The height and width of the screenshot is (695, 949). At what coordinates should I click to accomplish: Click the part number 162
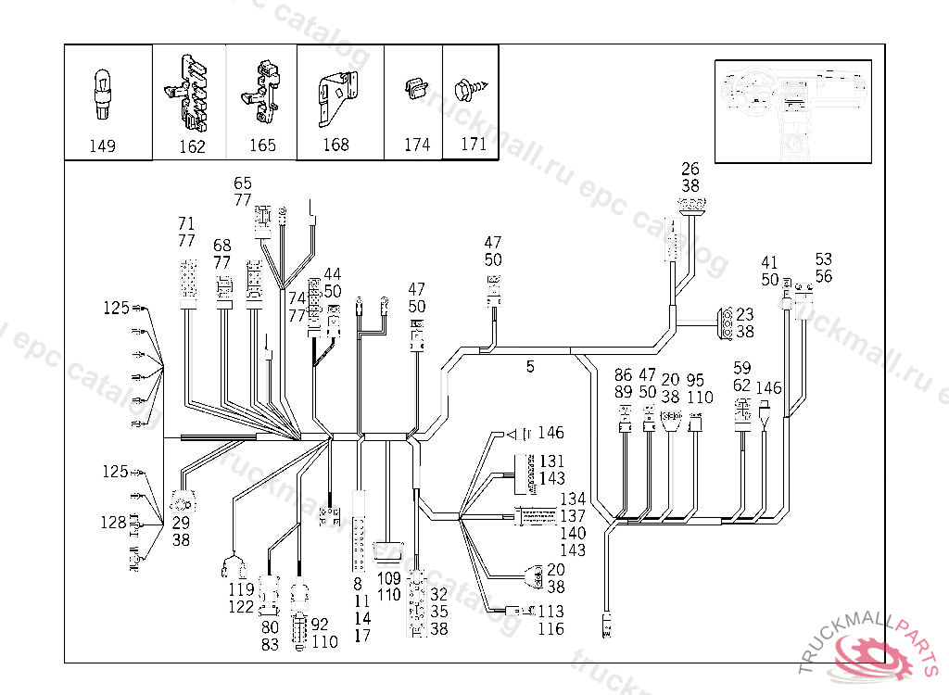192,147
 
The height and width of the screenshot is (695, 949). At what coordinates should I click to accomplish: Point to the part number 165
262,145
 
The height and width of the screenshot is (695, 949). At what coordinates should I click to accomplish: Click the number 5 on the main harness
530,367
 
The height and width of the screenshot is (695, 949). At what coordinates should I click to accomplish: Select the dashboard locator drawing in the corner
793,110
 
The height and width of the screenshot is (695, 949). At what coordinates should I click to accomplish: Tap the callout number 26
690,169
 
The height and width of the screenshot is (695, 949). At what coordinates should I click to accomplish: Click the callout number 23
745,314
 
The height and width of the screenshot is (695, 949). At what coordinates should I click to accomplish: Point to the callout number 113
550,612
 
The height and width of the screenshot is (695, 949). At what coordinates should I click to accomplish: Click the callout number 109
389,578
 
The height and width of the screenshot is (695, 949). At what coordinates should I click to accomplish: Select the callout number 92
320,625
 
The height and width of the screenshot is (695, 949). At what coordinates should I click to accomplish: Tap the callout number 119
242,590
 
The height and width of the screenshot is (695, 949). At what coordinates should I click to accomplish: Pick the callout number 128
114,523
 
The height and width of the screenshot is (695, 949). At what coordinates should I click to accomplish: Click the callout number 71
186,223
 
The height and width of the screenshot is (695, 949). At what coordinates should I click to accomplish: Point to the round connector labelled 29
182,505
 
